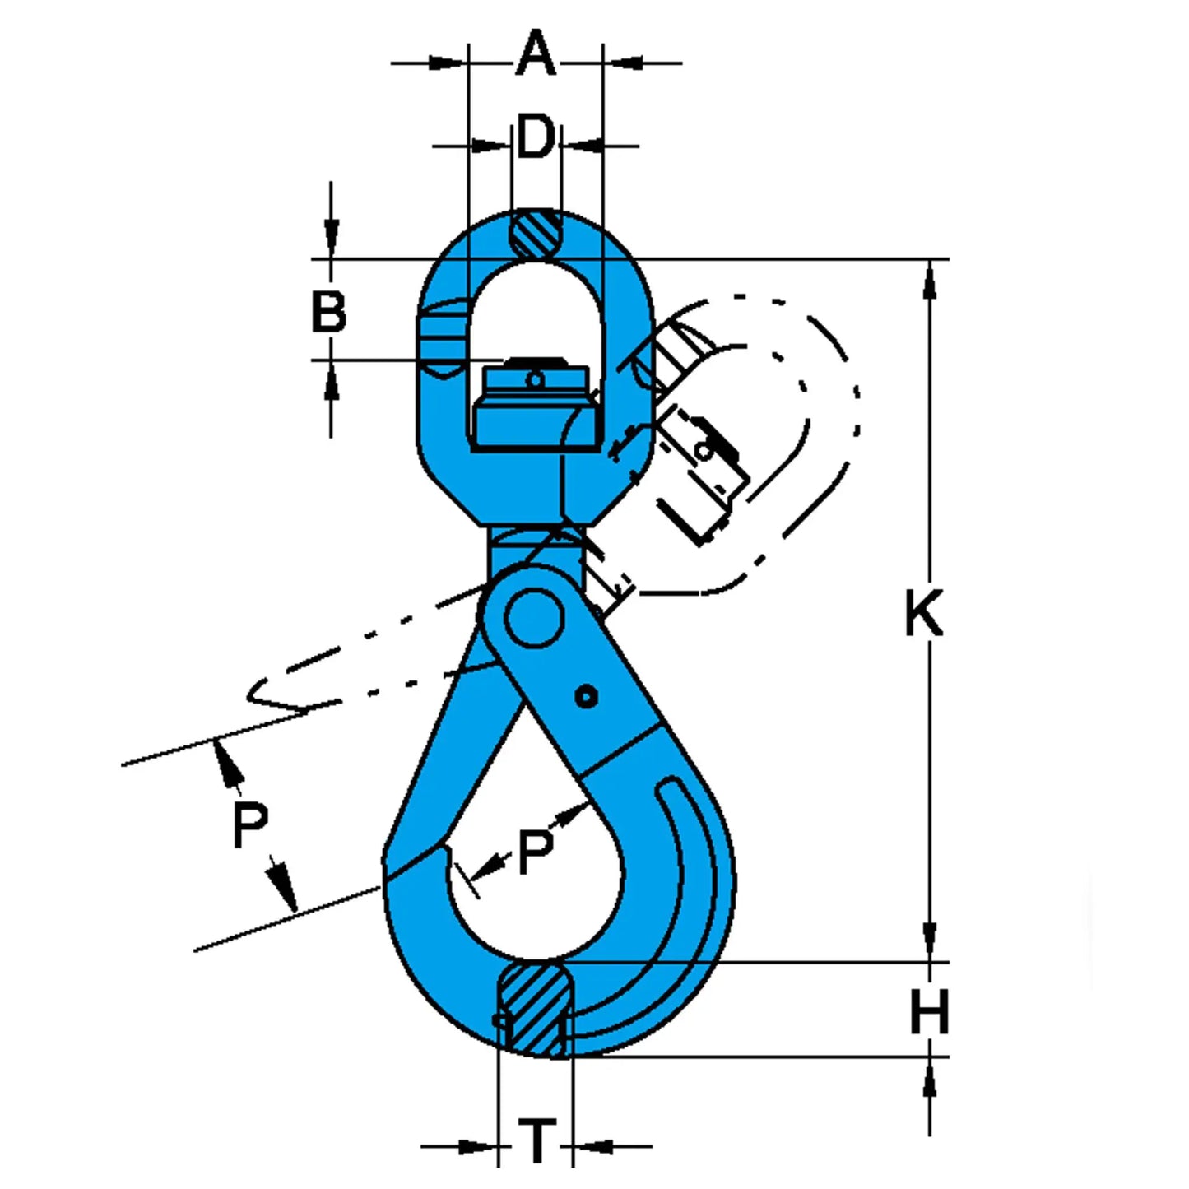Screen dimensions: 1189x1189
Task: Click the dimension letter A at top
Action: [x=535, y=54]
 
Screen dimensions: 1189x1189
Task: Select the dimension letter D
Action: [x=535, y=138]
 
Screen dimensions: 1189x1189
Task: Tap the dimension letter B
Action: [x=328, y=313]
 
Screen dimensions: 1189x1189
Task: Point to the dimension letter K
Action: [x=923, y=613]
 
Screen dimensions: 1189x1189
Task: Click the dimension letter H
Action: [x=929, y=1011]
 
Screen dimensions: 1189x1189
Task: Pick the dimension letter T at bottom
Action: [x=536, y=1141]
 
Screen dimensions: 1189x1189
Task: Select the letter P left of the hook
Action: [x=250, y=825]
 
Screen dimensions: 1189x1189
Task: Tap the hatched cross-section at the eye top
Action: [x=536, y=235]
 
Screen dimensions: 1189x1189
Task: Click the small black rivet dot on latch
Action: [x=586, y=699]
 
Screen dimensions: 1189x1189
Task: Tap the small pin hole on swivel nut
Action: [x=535, y=380]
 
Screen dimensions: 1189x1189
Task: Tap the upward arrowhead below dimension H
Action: [x=930, y=1078]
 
